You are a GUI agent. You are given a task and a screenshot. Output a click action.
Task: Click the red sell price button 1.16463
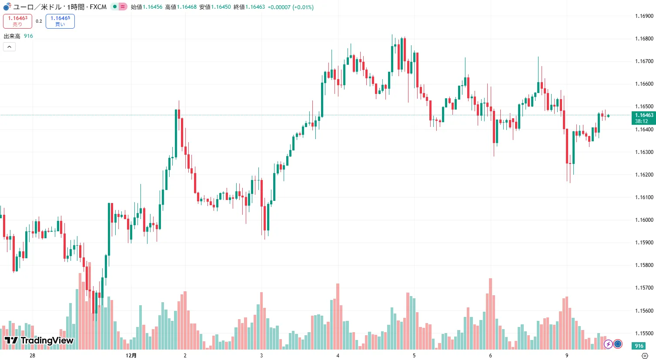[17, 21]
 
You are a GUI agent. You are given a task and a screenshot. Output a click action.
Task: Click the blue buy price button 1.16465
[60, 21]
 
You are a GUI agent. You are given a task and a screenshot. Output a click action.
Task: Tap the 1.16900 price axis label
[644, 16]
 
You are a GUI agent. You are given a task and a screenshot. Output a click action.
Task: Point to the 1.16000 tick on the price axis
[644, 220]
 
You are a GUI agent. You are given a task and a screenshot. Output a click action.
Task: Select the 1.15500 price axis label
[644, 333]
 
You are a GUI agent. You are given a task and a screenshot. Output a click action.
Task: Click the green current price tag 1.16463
[643, 118]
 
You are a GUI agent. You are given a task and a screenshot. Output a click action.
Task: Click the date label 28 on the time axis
[32, 356]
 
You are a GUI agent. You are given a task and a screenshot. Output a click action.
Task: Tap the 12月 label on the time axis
[131, 356]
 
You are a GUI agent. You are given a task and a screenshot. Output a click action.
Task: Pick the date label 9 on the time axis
[566, 356]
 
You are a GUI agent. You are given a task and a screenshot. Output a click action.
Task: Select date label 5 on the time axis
[414, 356]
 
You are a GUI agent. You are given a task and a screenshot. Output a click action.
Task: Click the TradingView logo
[39, 340]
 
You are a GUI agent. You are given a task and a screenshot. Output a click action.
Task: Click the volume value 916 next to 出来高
[28, 36]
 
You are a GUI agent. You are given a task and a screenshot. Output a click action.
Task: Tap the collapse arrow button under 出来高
[9, 47]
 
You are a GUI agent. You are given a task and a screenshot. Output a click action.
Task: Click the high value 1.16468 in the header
[186, 7]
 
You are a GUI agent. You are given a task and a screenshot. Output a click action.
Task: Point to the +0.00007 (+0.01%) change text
[290, 7]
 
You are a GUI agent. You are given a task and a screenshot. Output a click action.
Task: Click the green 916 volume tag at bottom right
[639, 346]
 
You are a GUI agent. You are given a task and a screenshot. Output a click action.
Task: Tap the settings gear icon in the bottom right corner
[645, 356]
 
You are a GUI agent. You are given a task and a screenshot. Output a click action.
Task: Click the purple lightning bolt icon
[608, 344]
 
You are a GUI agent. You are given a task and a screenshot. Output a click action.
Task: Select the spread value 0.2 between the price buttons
[39, 21]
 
